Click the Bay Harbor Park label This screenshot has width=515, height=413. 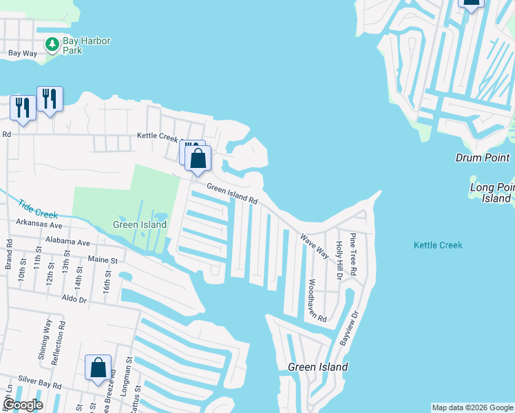point(86,45)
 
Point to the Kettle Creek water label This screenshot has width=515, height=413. point(438,245)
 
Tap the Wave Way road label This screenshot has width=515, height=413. point(314,246)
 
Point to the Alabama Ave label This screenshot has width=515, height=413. point(68,242)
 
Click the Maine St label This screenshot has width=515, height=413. point(103,260)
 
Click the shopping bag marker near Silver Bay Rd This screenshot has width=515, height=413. point(98,368)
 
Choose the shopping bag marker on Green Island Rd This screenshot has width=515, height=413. point(198,159)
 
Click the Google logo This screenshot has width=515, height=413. point(23,405)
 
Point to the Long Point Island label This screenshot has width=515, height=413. point(492,193)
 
